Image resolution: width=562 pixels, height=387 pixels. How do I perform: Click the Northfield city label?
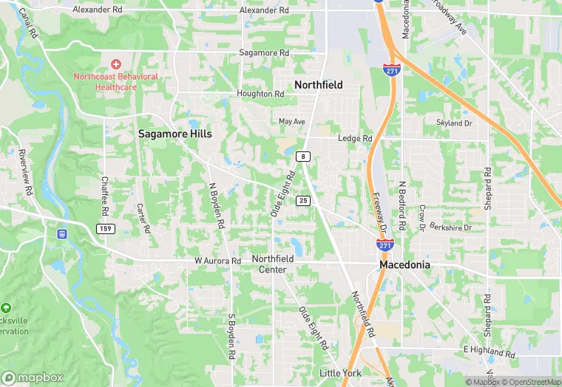[x=318, y=85]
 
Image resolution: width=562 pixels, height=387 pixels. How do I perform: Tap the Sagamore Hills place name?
[x=175, y=134]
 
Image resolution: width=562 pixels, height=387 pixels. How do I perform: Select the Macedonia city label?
[x=405, y=264]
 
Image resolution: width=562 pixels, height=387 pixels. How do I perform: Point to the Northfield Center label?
[x=273, y=264]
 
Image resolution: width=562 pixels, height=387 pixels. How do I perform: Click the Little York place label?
[x=340, y=373]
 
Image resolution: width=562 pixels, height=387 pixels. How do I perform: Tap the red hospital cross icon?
[x=115, y=65]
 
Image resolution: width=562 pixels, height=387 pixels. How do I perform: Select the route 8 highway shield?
[x=302, y=157]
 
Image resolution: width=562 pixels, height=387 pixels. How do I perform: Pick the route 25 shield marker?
[x=303, y=201]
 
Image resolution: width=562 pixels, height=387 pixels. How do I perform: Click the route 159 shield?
[x=104, y=229]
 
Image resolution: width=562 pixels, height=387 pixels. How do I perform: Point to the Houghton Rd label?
[x=260, y=94]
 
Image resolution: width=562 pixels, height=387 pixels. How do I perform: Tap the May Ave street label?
[x=292, y=121]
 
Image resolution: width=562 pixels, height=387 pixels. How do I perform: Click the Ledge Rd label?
[x=355, y=138]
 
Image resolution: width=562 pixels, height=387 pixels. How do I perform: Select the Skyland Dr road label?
[x=454, y=123]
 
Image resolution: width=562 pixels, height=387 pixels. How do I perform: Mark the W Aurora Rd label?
[x=218, y=261]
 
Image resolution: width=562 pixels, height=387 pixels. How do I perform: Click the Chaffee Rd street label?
[x=106, y=196]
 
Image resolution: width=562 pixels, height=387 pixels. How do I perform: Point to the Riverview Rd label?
[x=26, y=172]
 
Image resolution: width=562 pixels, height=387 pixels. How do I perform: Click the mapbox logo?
[x=33, y=377]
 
